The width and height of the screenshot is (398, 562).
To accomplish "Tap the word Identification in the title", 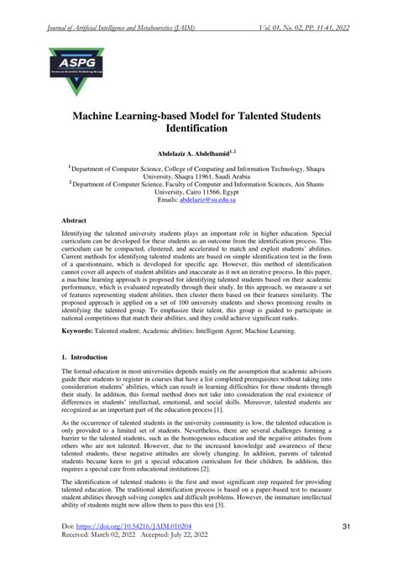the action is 199,130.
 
